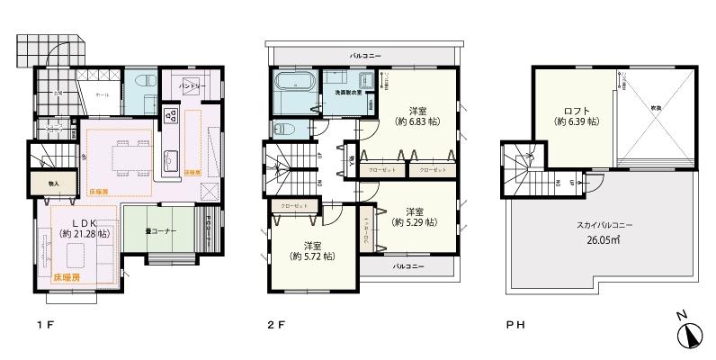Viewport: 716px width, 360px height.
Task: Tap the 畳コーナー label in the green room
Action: coord(160,231)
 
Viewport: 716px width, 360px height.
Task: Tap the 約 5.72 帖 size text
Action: coord(312,256)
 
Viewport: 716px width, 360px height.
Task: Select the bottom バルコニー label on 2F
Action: coord(408,267)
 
